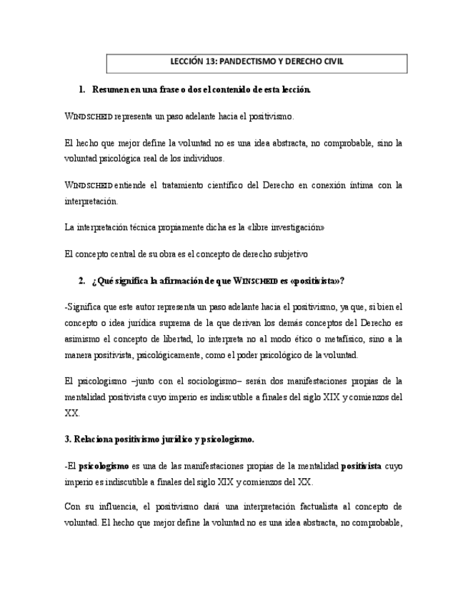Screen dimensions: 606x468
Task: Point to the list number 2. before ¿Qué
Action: pos(82,279)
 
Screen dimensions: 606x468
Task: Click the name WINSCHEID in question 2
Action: pos(255,280)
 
